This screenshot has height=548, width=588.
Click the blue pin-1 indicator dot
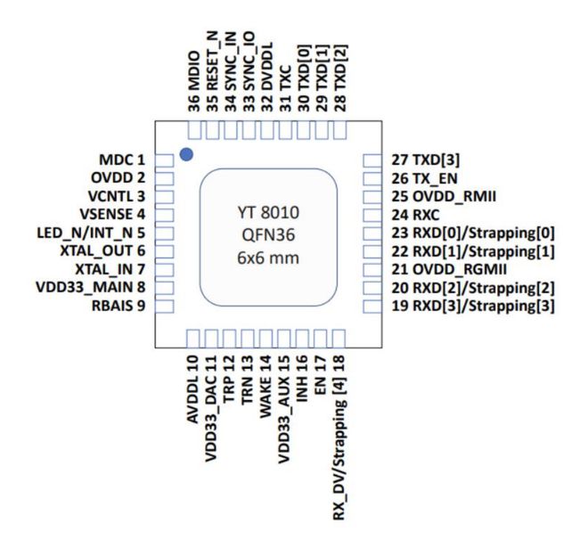186,154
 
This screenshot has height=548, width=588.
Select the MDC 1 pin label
122,159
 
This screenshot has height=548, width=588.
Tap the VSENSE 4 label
112,214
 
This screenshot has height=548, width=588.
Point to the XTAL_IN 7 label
110,269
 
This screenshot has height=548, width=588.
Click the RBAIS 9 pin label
118,306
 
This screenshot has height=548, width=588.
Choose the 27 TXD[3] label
426,159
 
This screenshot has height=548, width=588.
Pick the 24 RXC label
415,215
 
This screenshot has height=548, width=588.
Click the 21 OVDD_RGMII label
449,269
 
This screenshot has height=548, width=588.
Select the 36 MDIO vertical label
193,81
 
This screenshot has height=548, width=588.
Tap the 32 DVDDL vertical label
267,77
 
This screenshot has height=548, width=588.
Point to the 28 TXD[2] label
340,78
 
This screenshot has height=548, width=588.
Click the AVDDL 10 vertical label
192,389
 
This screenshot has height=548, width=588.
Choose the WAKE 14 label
265,387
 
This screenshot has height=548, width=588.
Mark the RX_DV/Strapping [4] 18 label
339,438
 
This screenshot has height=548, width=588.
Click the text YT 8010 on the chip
268,213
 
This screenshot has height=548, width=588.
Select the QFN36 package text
268,235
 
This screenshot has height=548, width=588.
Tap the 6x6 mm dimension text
268,258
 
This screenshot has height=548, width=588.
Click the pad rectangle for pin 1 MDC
164,160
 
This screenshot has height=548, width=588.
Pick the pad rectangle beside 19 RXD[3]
372,307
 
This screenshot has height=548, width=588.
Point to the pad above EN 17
321,339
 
